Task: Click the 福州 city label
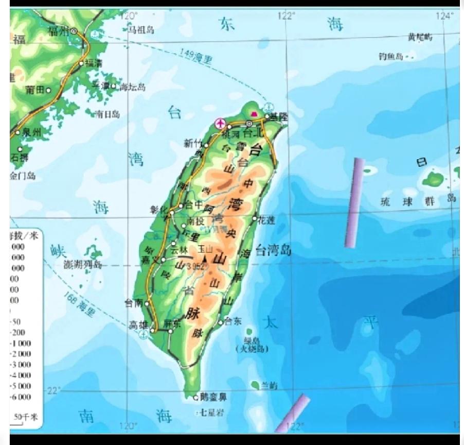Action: point(58,31)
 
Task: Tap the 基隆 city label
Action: point(279,117)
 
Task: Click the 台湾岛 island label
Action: point(273,251)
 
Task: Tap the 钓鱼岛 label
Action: point(390,56)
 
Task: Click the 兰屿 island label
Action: point(270,385)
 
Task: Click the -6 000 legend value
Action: point(21,397)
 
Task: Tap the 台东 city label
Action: point(233,321)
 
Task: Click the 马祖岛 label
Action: point(141,30)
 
